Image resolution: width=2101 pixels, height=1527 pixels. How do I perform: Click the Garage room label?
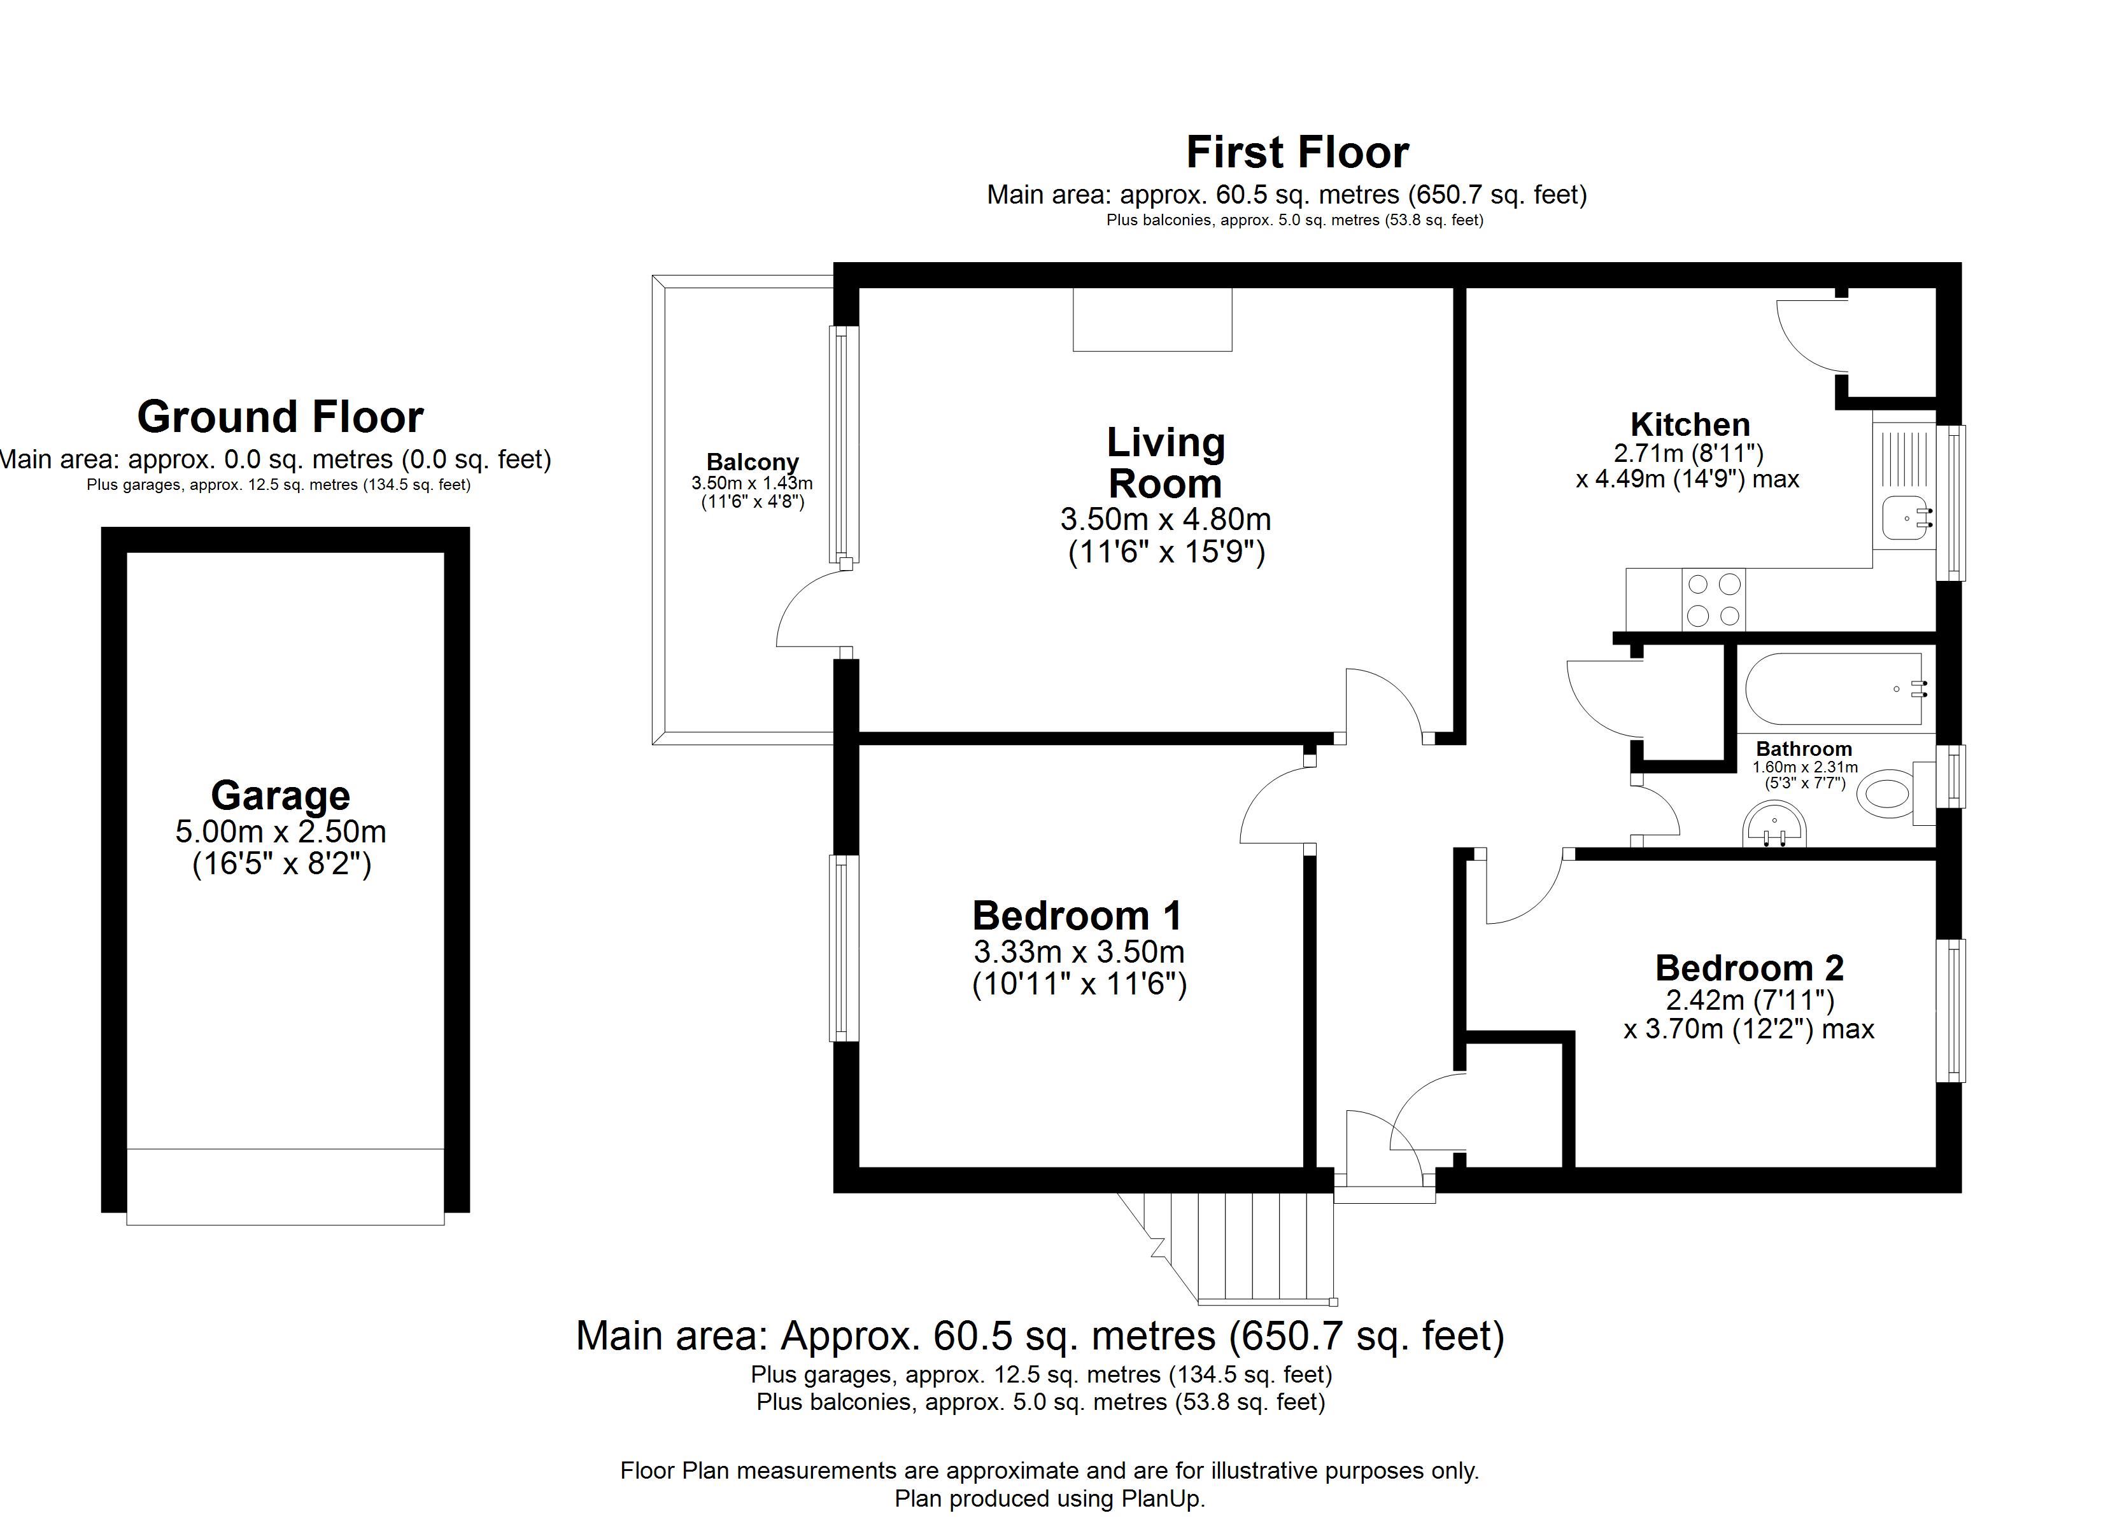pos(281,795)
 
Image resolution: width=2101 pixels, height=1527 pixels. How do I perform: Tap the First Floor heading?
pos(1297,153)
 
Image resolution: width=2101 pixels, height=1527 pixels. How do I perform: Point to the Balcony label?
pos(752,462)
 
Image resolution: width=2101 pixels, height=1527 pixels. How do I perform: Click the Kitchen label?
pos(1690,425)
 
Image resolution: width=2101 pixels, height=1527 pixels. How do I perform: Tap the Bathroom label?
pos(1804,748)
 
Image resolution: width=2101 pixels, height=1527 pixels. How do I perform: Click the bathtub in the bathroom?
pos(1833,689)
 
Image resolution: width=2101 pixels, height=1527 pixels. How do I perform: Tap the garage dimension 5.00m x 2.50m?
pos(281,832)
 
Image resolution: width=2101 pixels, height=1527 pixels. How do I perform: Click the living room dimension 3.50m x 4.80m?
pos(1165,519)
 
